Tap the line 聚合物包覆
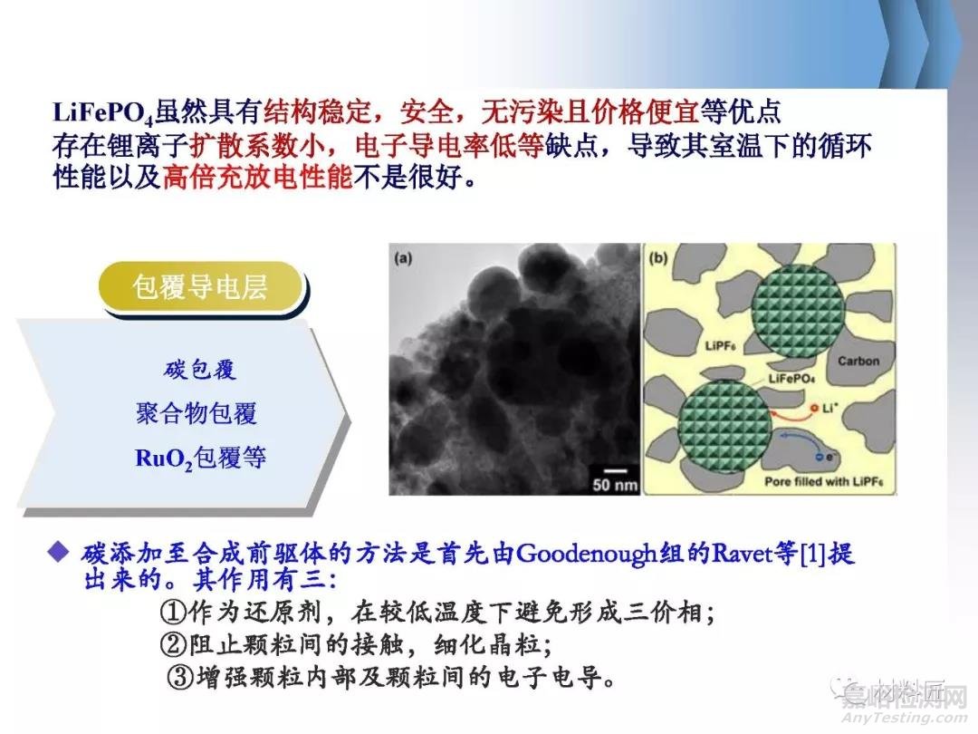(197, 414)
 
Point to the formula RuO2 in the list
(160, 458)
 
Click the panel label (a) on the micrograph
(403, 258)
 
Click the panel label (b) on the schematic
(657, 258)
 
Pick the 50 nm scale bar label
(616, 484)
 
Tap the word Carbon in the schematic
(858, 361)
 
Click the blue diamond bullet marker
(60, 551)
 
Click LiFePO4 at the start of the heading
(101, 114)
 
